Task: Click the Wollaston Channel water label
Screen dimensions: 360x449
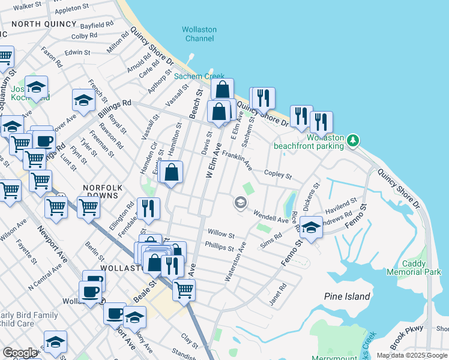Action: click(199, 34)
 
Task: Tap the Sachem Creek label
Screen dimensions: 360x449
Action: click(190, 76)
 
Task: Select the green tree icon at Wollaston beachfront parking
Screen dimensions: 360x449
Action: click(354, 140)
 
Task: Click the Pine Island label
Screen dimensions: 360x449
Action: click(347, 296)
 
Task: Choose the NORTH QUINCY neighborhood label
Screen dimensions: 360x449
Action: click(44, 24)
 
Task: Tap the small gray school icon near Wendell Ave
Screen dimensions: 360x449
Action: click(241, 203)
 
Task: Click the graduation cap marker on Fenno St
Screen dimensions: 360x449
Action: click(311, 228)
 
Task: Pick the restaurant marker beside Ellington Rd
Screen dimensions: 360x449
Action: click(148, 208)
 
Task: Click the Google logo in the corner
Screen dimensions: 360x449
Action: click(20, 353)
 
